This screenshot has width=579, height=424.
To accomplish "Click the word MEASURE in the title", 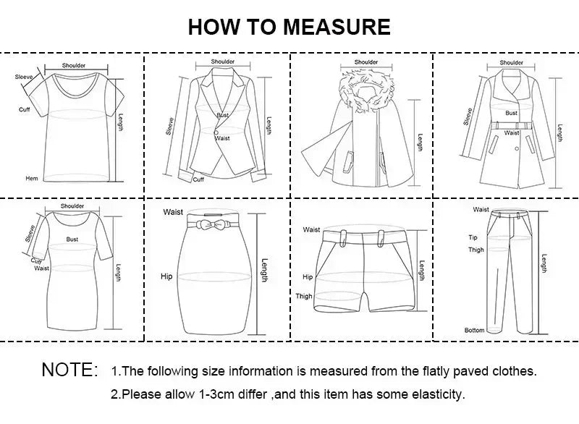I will point(337,27).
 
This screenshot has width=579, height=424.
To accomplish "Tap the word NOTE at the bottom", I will point(69,370).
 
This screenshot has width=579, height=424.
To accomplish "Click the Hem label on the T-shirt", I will point(32,178).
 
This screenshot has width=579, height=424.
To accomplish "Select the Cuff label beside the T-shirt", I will point(24,109).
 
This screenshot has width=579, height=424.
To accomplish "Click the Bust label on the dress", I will point(72,239).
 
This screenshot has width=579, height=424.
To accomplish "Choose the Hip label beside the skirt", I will point(166,276).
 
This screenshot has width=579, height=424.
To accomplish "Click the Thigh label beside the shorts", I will point(304,296).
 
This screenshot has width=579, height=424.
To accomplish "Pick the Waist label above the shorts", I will point(312,229).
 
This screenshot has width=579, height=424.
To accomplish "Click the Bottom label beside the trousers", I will point(474,331).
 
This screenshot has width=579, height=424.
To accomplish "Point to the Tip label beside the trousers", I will point(473,237).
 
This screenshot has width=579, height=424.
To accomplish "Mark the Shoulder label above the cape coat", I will point(366,62).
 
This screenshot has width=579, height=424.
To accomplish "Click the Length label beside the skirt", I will point(265,271).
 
